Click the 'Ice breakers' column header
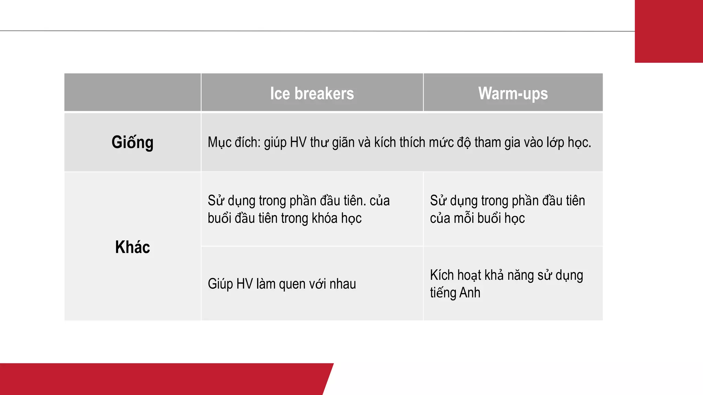click(312, 93)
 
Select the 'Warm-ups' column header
click(513, 93)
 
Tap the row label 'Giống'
click(132, 142)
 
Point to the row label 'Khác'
click(132, 247)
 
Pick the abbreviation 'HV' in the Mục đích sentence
click(298, 142)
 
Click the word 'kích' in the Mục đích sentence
click(385, 142)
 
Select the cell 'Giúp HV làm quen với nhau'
click(282, 284)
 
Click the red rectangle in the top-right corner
click(669, 31)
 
